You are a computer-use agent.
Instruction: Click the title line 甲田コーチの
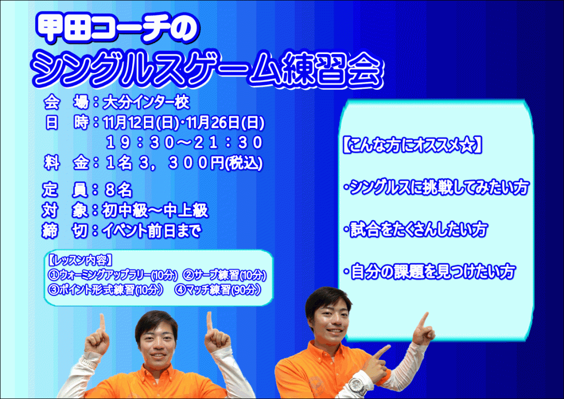117,29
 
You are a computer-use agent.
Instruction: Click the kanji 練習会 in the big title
331,69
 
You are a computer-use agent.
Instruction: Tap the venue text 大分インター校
146,103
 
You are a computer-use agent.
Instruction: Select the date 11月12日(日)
140,123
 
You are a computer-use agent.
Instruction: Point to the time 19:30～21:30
185,143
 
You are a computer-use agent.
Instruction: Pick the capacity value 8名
118,190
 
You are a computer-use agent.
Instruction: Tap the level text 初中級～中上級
155,211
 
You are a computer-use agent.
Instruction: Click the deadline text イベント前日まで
151,231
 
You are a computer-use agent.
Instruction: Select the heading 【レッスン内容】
80,260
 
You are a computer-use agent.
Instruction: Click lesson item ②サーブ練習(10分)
225,276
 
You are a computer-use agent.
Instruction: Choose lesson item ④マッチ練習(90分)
218,290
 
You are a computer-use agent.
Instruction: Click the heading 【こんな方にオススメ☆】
412,145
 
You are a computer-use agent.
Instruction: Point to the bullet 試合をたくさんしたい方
416,230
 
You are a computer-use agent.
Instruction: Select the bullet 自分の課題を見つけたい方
430,272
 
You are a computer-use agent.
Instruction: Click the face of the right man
330,320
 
